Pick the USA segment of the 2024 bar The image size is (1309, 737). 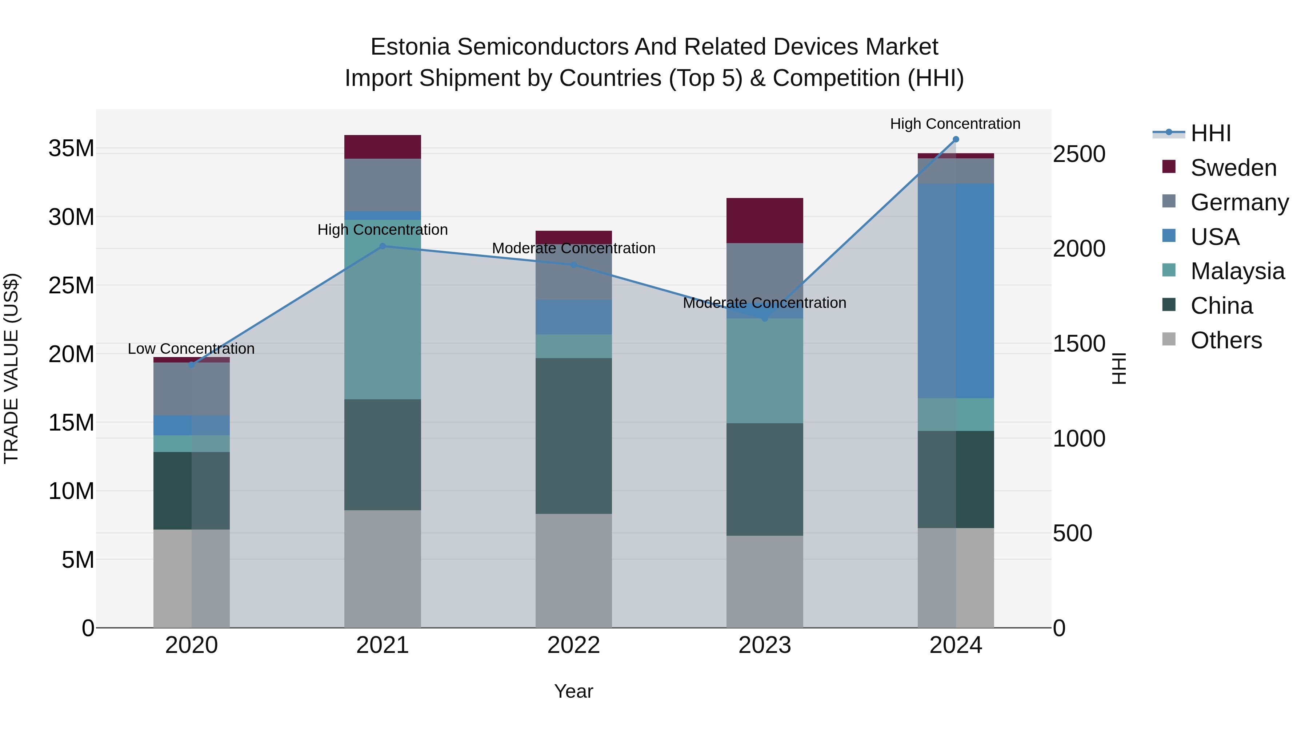(x=955, y=290)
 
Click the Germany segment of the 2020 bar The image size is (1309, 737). (x=192, y=389)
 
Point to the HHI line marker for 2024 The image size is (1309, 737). (x=955, y=139)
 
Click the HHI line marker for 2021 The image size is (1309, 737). (x=383, y=246)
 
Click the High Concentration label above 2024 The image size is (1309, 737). (x=955, y=124)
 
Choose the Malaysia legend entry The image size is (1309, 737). (x=1237, y=271)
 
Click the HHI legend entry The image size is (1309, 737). (x=1210, y=133)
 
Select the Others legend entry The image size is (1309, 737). (x=1226, y=340)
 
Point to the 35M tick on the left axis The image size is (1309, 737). (x=71, y=148)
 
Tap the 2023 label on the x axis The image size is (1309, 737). (x=764, y=645)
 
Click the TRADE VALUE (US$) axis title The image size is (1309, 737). (x=11, y=368)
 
